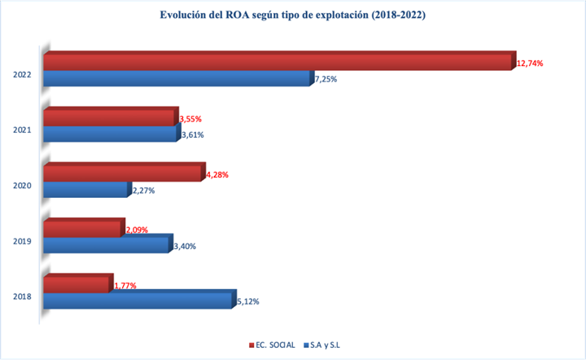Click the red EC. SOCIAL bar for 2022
pyautogui.click(x=277, y=62)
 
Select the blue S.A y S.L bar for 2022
pyautogui.click(x=176, y=79)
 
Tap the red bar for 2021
pyautogui.click(x=109, y=118)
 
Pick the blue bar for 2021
pyautogui.click(x=110, y=134)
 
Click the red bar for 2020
pyautogui.click(x=121, y=173)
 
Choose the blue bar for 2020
pyautogui.click(x=85, y=190)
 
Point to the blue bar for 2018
pyautogui.click(x=138, y=301)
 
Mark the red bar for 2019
pyautogui.click(x=83, y=230)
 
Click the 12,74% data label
pyautogui.click(x=529, y=63)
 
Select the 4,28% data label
pyautogui.click(x=216, y=174)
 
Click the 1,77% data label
pyautogui.click(x=125, y=286)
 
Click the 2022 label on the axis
pyautogui.click(x=22, y=75)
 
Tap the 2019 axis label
pyautogui.click(x=22, y=241)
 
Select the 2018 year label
pyautogui.click(x=22, y=296)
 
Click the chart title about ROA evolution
pyautogui.click(x=292, y=15)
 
